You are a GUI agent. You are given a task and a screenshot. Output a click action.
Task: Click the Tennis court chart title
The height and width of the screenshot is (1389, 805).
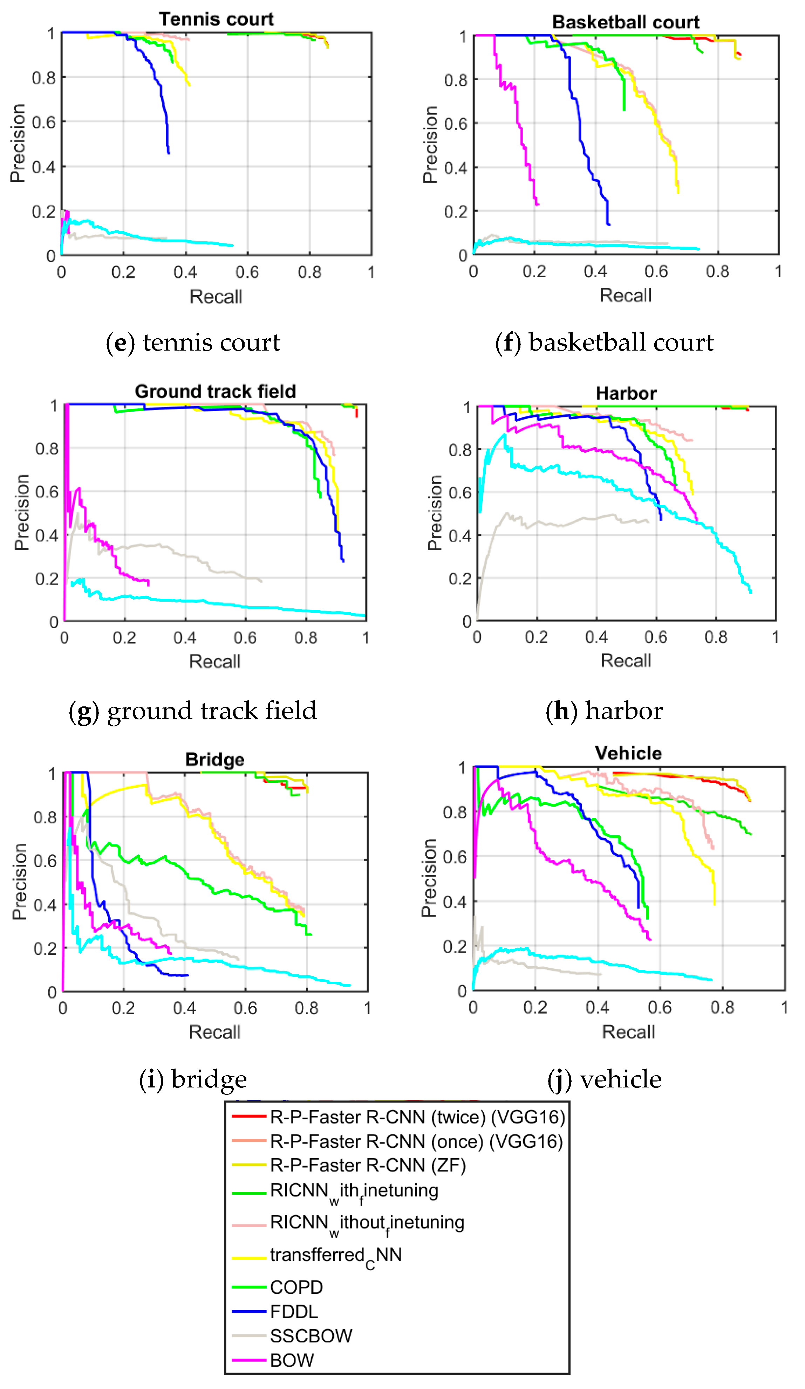click(216, 19)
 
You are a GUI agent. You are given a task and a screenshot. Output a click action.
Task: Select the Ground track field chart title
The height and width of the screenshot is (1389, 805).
click(215, 391)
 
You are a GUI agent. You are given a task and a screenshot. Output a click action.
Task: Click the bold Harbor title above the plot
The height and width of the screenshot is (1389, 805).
click(626, 394)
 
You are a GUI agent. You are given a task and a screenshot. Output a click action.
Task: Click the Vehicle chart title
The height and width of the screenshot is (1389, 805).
click(628, 753)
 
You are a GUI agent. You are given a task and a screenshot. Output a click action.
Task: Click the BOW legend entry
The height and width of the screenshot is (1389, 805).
click(291, 1360)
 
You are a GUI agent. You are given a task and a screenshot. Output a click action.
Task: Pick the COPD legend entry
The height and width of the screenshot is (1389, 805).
click(296, 1287)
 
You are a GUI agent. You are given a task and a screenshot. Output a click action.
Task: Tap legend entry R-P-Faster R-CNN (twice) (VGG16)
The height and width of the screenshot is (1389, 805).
click(417, 1117)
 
